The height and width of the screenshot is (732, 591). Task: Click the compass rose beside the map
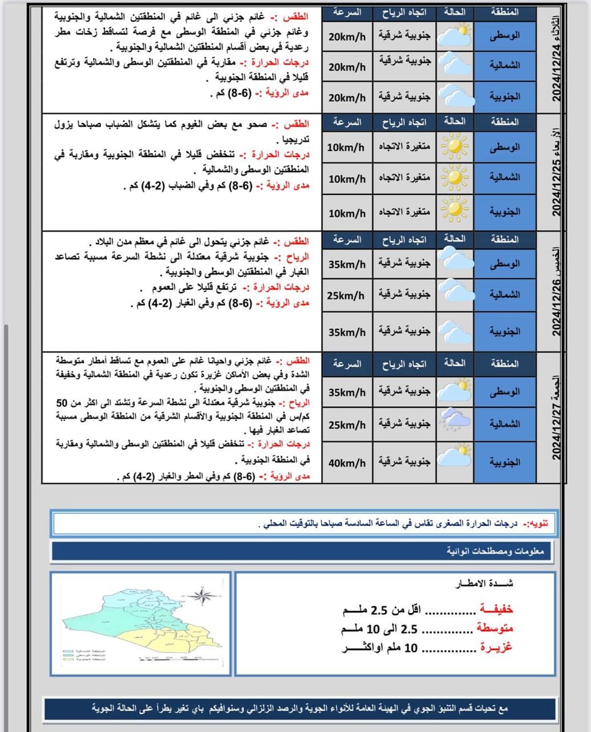click(206, 596)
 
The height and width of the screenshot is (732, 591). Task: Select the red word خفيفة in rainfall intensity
click(496, 610)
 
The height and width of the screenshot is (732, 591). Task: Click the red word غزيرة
click(496, 647)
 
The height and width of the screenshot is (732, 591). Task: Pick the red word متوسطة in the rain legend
click(496, 628)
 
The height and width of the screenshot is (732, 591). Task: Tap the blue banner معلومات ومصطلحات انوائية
click(302, 552)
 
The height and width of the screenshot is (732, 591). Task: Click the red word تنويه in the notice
click(534, 523)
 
